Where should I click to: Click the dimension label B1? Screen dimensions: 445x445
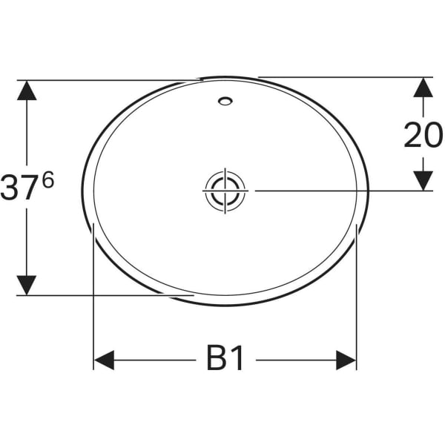click(225, 360)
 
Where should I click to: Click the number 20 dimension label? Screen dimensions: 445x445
click(423, 135)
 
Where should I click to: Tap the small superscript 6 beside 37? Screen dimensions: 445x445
click(48, 181)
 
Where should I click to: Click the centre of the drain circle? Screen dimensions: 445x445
click(223, 190)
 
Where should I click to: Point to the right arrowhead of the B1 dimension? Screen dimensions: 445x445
click(346, 360)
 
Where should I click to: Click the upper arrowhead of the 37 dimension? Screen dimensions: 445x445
click(27, 90)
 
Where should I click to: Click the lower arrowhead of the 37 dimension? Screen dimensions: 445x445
click(27, 284)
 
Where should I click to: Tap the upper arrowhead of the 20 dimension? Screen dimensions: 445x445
click(423, 87)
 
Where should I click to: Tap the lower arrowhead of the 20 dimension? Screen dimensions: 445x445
click(423, 179)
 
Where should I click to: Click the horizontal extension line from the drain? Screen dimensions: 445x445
click(334, 191)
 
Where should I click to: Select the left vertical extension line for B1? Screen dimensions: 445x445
click(93, 297)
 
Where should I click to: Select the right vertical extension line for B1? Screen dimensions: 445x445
click(357, 297)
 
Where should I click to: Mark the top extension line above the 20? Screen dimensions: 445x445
click(341, 76)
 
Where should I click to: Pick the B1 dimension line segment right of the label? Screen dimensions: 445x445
click(297, 360)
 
